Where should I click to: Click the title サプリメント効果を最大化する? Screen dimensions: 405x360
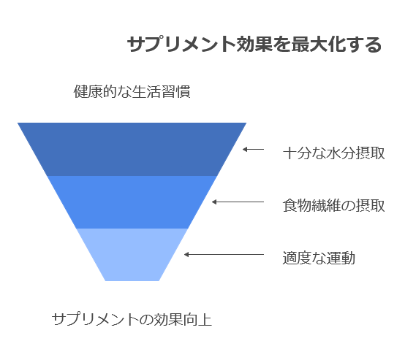pos(254,45)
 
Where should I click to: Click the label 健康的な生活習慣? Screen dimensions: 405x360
pos(132,91)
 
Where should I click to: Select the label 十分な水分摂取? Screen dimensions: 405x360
pos(333,153)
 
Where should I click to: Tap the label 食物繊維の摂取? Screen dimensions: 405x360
pos(333,206)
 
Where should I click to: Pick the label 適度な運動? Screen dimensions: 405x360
pos(319,258)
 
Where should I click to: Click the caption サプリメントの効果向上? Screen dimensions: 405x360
pos(132,319)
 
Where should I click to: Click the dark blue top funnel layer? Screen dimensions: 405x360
pos(132,150)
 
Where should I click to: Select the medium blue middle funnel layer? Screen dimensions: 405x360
pos(132,202)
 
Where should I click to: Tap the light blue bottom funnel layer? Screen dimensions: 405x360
pos(132,255)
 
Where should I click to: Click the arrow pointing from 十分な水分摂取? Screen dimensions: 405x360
pos(253,150)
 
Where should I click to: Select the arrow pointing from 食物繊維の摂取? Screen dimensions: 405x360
pos(238,202)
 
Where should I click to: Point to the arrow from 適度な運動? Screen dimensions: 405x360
pos(224,255)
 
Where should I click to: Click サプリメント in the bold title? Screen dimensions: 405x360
pos(181,45)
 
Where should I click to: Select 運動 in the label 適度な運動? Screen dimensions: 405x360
pos(341,258)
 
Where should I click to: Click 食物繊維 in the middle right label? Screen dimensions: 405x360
pos(311,206)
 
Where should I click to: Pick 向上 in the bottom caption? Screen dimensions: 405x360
pos(198,319)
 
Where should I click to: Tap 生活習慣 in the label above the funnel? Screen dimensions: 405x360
pos(161,91)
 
